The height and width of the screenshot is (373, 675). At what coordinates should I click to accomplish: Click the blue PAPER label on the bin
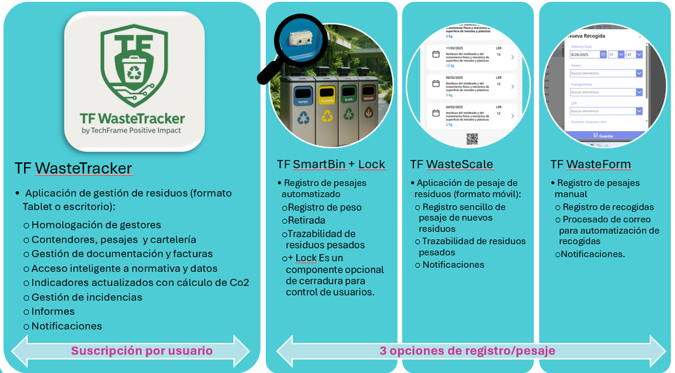pyautogui.click(x=303, y=102)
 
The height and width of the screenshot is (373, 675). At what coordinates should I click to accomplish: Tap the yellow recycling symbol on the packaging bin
pyautogui.click(x=326, y=116)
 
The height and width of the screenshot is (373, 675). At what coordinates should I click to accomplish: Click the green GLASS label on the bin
pyautogui.click(x=348, y=101)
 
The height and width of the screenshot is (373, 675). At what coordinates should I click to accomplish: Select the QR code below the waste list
pyautogui.click(x=472, y=139)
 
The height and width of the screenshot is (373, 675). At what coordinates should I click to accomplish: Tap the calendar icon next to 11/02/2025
pyautogui.click(x=436, y=54)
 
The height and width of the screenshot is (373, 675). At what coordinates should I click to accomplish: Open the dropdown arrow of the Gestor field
pyautogui.click(x=639, y=74)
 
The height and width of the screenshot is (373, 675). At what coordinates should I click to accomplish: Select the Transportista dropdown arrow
pyautogui.click(x=639, y=92)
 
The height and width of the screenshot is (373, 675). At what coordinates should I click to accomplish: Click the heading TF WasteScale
pyautogui.click(x=452, y=164)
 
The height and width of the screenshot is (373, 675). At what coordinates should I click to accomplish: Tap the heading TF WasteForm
pyautogui.click(x=590, y=165)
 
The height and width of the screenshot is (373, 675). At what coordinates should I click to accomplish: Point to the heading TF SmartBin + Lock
pyautogui.click(x=331, y=165)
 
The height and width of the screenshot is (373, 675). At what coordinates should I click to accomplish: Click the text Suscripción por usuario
pyautogui.click(x=142, y=351)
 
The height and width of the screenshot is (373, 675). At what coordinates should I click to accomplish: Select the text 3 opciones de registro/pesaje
pyautogui.click(x=467, y=351)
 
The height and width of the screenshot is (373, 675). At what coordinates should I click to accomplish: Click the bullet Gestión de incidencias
pyautogui.click(x=86, y=297)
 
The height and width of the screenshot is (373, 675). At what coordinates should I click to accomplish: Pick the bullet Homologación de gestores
pyautogui.click(x=96, y=225)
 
